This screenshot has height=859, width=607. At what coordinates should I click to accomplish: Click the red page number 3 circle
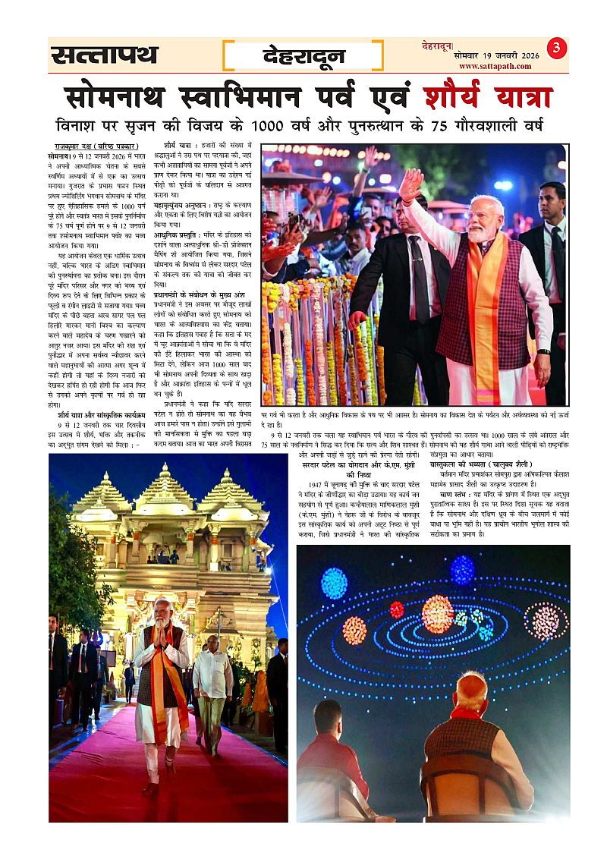coord(557,49)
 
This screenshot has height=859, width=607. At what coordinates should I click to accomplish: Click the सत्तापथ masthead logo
coord(105,55)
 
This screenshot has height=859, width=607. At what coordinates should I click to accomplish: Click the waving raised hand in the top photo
coord(410,185)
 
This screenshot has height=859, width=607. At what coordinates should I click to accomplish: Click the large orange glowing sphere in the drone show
coord(438,613)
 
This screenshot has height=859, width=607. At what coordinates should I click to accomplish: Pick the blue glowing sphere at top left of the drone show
coord(334,583)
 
